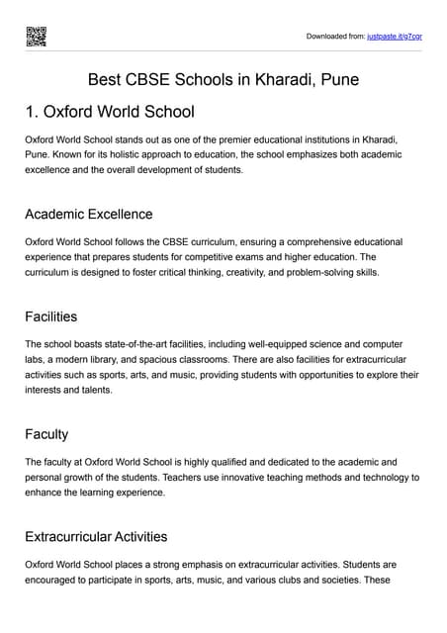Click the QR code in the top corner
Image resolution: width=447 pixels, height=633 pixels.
tap(36, 36)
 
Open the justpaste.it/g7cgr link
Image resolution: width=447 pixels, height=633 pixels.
tap(395, 37)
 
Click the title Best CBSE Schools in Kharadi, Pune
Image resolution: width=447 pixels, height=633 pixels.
tap(223, 79)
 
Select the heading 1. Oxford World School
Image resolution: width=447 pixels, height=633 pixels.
tap(110, 112)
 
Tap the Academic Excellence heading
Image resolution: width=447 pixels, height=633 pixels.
tap(89, 214)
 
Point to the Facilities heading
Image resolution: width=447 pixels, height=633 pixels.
tap(51, 316)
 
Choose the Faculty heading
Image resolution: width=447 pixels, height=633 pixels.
tap(46, 434)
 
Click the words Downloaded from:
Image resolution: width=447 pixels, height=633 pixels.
tap(334, 37)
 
